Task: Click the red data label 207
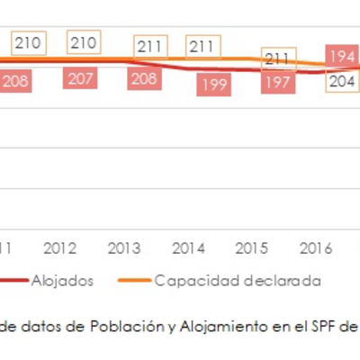[81, 79]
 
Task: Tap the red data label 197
[279, 85]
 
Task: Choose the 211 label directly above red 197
[279, 60]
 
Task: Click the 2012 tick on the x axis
[59, 247]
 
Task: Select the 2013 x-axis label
[123, 247]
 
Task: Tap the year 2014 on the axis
[188, 247]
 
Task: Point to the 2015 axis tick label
[251, 247]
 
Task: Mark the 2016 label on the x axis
[315, 247]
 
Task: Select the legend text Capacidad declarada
[237, 280]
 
